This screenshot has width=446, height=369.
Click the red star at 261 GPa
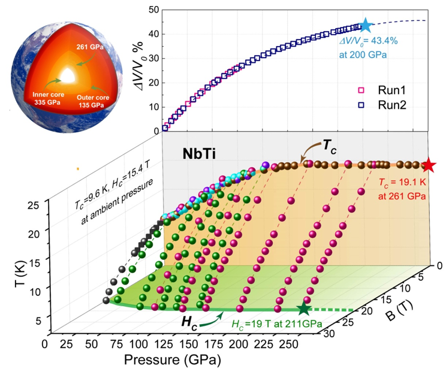click(x=429, y=165)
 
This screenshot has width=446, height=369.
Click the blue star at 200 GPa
click(x=366, y=26)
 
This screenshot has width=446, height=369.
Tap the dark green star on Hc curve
click(x=304, y=310)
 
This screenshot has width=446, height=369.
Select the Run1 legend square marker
click(x=361, y=90)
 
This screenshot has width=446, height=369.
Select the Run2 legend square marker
click(x=361, y=105)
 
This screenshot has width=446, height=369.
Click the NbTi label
click(x=200, y=154)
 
